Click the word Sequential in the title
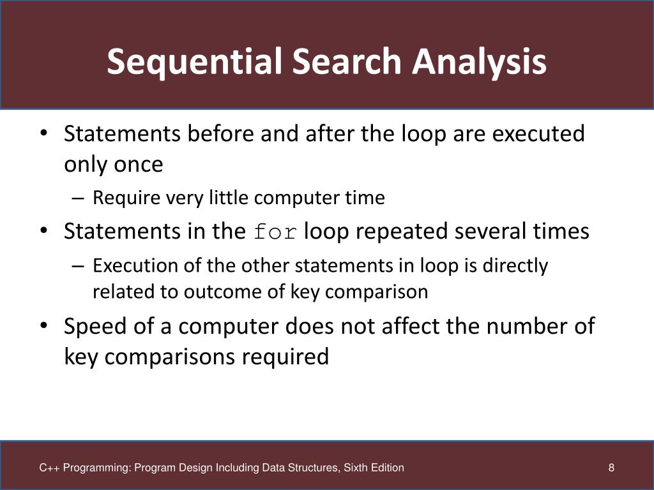(192, 62)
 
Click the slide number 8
(611, 468)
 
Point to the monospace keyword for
(275, 232)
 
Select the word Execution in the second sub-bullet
(126, 265)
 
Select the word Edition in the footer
(386, 468)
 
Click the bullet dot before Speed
(43, 327)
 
